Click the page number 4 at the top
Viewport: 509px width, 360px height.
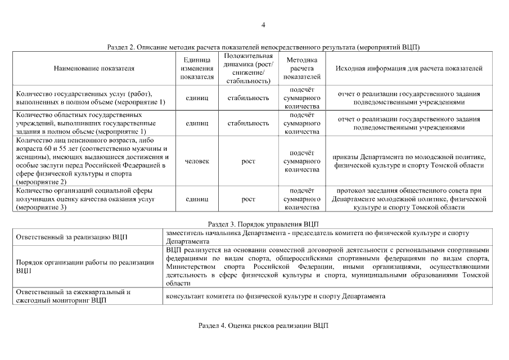263,25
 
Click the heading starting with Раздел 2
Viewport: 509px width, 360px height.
263,47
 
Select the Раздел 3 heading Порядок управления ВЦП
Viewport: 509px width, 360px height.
263,224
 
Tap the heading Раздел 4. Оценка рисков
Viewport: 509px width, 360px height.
263,326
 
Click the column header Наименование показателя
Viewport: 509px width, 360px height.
94,68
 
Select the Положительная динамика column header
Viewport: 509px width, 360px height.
248,69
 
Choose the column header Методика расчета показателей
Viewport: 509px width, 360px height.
302,68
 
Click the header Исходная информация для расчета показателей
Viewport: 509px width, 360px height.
409,68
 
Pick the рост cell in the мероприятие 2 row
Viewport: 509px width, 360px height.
248,161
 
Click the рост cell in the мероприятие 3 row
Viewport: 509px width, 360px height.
248,199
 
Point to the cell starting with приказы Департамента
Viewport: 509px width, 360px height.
409,161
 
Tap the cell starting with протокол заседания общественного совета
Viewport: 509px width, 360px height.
409,199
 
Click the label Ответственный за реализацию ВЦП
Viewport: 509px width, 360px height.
72,237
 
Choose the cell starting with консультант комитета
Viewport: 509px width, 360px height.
276,296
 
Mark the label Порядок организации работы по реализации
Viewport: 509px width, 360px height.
85,266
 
